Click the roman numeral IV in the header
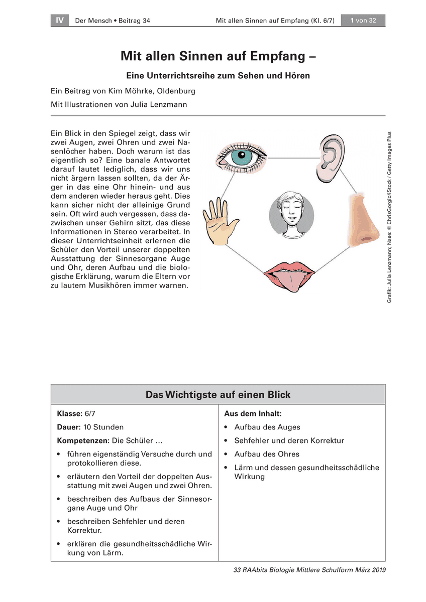tap(60, 21)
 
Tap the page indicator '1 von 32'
tap(363, 21)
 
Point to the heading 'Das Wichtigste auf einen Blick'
tap(218, 395)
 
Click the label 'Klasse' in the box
tap(69, 413)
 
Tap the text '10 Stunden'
tap(103, 427)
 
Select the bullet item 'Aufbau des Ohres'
tap(267, 454)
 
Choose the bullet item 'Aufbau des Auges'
tap(267, 427)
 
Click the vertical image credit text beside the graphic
tap(389, 217)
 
